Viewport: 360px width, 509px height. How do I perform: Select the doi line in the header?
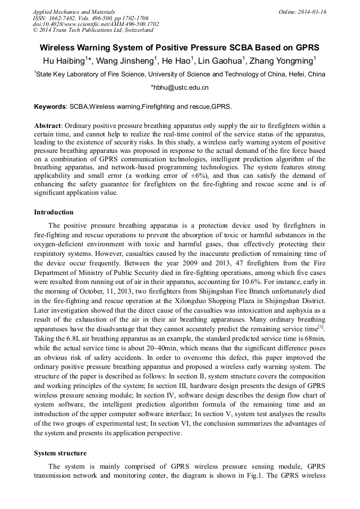click(x=96, y=24)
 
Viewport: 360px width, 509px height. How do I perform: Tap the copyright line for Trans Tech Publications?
click(x=92, y=30)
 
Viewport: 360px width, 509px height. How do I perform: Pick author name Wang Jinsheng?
click(x=125, y=61)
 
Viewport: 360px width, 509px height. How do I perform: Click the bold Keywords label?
click(x=50, y=107)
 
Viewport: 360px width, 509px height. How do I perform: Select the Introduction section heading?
click(x=54, y=212)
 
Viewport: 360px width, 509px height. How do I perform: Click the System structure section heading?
click(x=60, y=453)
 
